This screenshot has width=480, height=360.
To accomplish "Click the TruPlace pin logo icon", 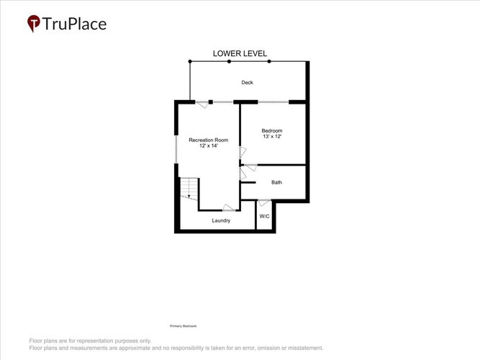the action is [x=33, y=23].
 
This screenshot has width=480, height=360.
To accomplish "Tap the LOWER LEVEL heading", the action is [x=240, y=53].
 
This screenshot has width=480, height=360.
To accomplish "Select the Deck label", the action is [x=247, y=82].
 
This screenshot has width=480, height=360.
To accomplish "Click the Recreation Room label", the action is [x=209, y=140].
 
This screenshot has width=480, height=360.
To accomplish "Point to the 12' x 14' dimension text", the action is [x=209, y=146].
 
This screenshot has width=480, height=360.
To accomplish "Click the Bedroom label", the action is [x=272, y=131].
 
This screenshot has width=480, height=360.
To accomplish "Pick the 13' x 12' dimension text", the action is [x=272, y=136].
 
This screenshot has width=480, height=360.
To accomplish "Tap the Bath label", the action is [x=276, y=182].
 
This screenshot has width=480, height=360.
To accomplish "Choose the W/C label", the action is [x=265, y=216].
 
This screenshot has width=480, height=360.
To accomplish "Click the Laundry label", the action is [x=221, y=220].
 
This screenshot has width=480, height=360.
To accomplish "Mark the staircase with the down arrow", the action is [x=189, y=189].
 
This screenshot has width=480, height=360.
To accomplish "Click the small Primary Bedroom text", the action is [x=183, y=326].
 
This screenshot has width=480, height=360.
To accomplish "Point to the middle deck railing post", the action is [x=229, y=62].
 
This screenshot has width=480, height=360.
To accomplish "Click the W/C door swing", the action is [x=264, y=202].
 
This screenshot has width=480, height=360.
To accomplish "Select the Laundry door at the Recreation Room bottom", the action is [x=229, y=208].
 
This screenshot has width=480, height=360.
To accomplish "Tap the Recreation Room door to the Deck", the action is [x=201, y=104].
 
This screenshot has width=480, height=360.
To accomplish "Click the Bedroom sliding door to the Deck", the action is [x=273, y=102].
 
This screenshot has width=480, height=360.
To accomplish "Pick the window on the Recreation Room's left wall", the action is [x=176, y=149].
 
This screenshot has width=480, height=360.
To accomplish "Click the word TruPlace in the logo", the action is [x=74, y=24].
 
